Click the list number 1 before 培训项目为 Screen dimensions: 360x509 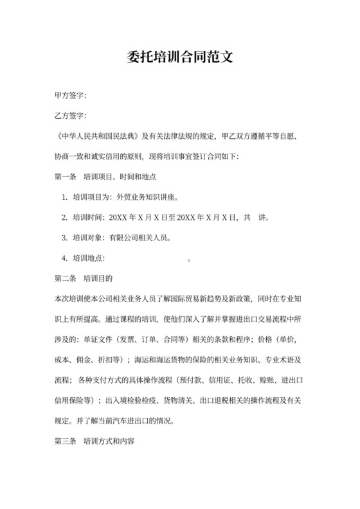tap(64, 197)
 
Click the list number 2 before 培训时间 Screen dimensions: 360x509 tap(64, 217)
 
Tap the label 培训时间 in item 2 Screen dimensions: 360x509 tap(87, 217)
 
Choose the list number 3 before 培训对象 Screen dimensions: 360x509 tap(64, 238)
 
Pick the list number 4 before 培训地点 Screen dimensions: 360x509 tap(64, 258)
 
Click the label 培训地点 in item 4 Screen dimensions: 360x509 tap(87, 258)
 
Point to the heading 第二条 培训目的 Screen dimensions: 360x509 tap(84, 279)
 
